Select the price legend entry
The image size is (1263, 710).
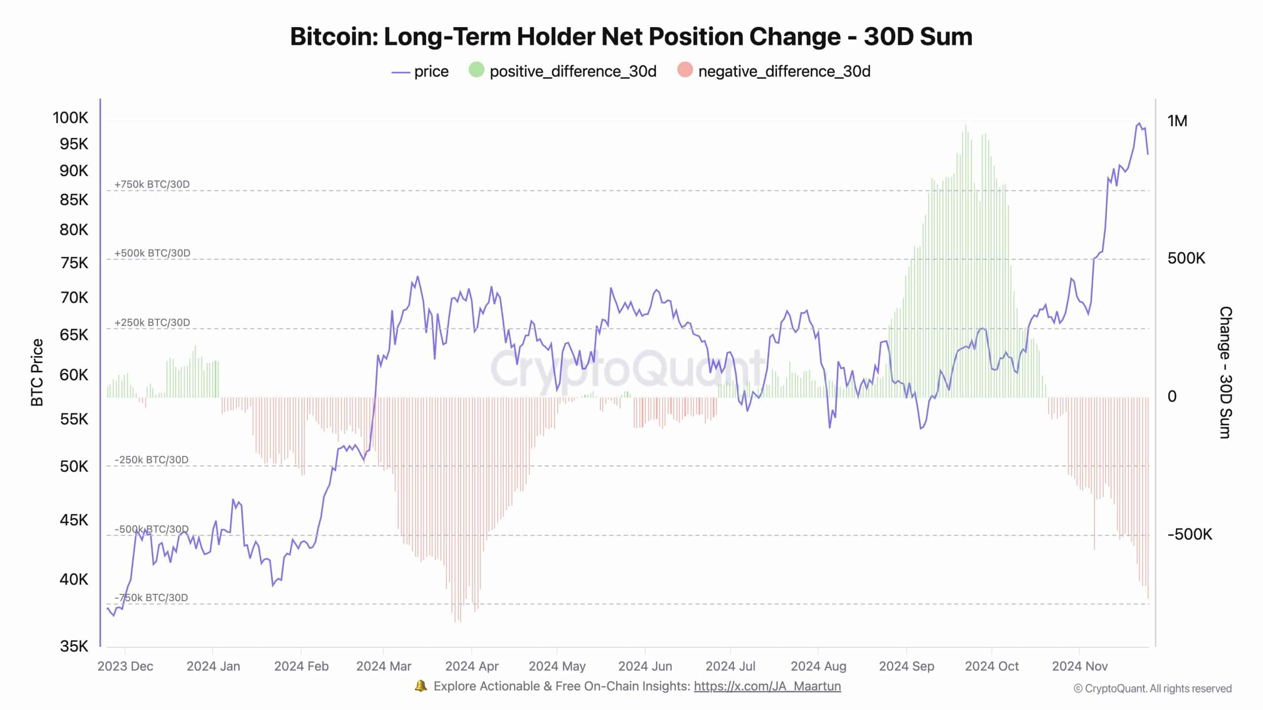tap(420, 71)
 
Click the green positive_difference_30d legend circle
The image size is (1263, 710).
tap(476, 70)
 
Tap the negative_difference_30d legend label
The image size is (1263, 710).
tap(784, 71)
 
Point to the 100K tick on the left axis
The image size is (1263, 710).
tap(71, 118)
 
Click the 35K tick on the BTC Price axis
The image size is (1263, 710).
tap(74, 646)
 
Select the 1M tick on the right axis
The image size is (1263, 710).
tap(1177, 121)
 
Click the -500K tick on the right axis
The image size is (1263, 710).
tap(1189, 534)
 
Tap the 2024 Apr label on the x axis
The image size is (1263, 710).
tap(472, 666)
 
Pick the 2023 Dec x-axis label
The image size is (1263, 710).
tap(125, 666)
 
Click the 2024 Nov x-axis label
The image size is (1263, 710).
tap(1079, 666)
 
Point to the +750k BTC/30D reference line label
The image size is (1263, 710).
tap(152, 184)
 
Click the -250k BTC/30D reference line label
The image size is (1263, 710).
tap(151, 460)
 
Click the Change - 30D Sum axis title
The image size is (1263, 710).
tap(1226, 372)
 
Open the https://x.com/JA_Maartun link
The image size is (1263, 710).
tap(767, 686)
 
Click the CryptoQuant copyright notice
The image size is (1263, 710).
tap(1152, 688)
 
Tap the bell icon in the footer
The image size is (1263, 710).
tap(421, 686)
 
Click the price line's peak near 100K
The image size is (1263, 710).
tap(1139, 124)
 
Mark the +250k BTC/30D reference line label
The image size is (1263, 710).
tap(152, 322)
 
